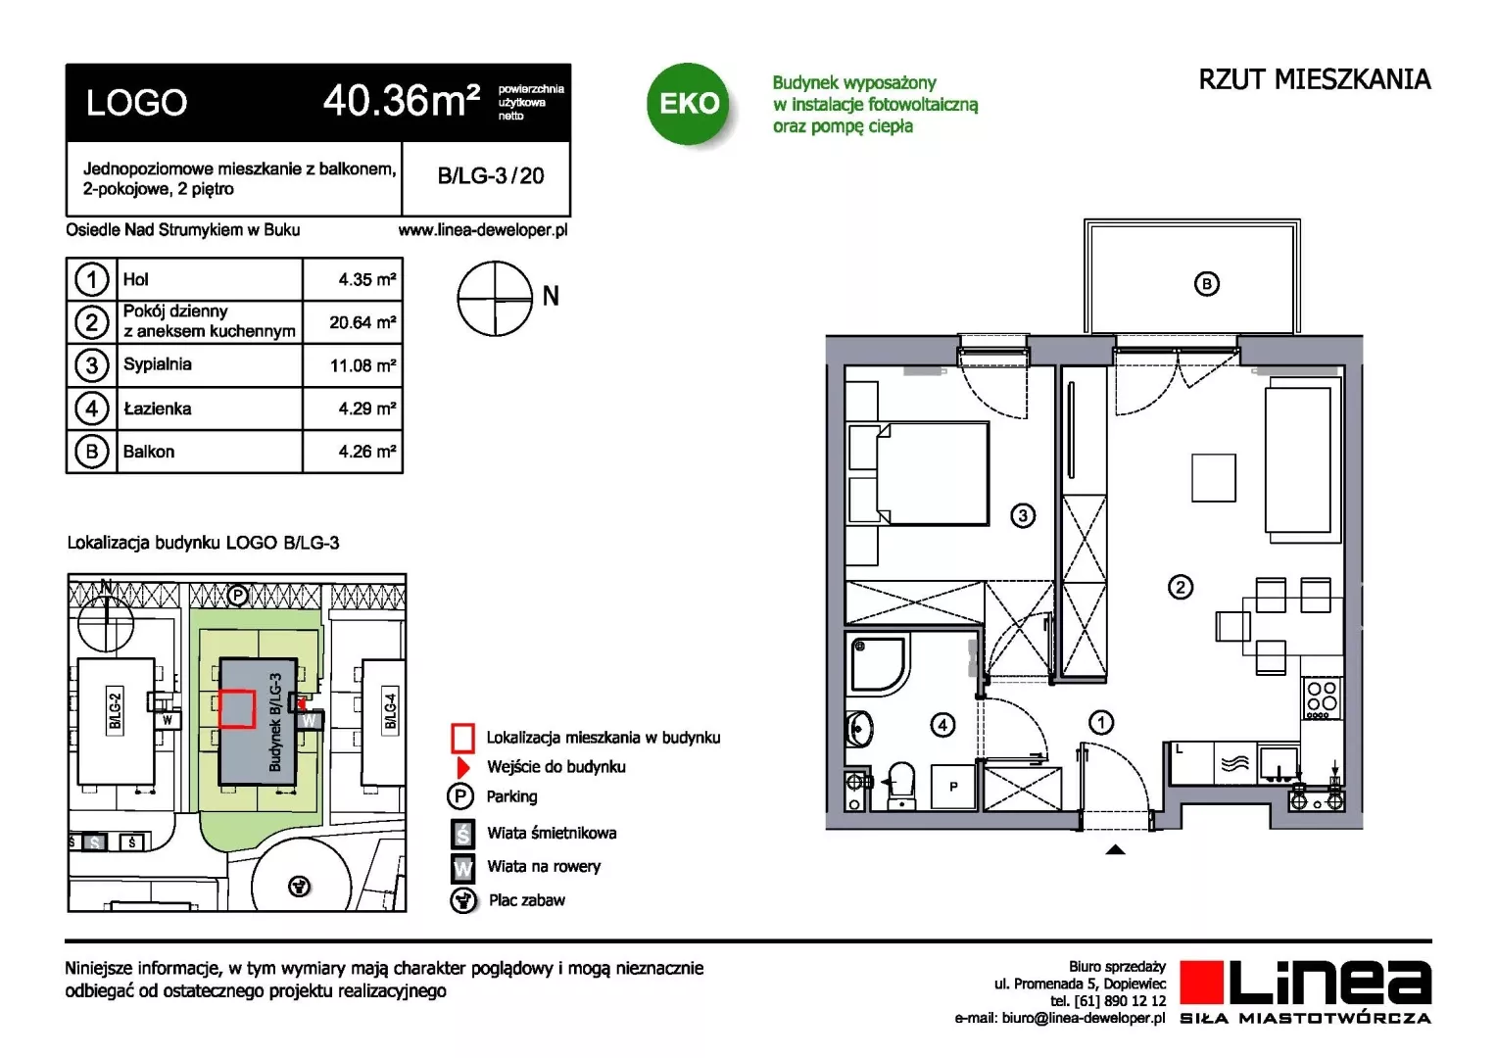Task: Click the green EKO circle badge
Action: [x=689, y=104]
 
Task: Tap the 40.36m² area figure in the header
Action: [x=402, y=101]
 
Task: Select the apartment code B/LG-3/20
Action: [x=491, y=175]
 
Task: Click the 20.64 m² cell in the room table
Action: [x=362, y=322]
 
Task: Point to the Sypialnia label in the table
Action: [x=157, y=364]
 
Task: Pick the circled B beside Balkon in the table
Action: [x=91, y=452]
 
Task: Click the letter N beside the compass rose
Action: [x=551, y=296]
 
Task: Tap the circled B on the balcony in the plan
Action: [x=1206, y=284]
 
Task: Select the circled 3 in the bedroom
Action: [x=1023, y=515]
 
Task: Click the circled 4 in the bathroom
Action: [x=942, y=725]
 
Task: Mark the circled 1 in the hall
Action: [x=1100, y=723]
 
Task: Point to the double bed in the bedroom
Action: [x=918, y=473]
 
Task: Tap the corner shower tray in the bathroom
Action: [x=879, y=665]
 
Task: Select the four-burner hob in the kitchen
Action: [x=1322, y=698]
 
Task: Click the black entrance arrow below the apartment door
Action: [x=1115, y=849]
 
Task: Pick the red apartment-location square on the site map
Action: [x=236, y=708]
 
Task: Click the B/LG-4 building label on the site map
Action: [x=391, y=711]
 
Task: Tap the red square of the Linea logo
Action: [x=1201, y=982]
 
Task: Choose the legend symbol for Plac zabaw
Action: [x=462, y=900]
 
